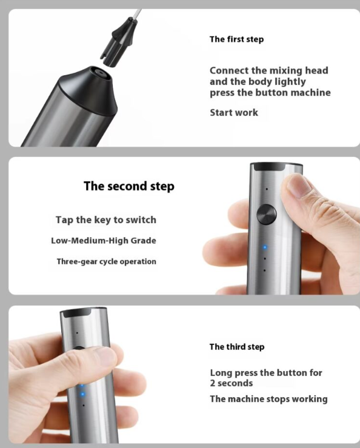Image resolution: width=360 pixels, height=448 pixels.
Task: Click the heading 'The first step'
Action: point(236,39)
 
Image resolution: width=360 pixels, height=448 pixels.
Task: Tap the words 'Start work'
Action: point(234,113)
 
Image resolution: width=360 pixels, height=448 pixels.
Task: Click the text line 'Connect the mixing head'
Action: point(268,70)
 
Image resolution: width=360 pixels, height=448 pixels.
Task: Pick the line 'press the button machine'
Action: point(270,93)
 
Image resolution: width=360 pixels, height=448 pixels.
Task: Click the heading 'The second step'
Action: point(128,186)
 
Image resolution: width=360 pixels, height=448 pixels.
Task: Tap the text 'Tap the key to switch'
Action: point(105,219)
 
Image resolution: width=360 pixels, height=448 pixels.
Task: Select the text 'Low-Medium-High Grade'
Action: point(103,241)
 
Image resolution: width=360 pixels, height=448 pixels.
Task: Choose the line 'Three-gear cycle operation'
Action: point(106,262)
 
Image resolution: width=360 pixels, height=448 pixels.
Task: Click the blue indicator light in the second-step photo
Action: point(264,247)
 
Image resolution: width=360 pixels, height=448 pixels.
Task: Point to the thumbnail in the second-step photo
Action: point(299,186)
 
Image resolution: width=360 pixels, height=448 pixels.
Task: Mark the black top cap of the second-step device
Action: point(276,167)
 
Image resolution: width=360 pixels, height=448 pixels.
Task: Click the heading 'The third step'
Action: point(236,347)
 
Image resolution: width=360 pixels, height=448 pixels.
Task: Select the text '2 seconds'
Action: point(232,383)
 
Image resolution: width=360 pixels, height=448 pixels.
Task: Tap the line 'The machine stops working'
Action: point(268,399)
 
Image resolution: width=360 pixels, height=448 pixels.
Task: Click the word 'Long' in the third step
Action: point(221,373)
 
